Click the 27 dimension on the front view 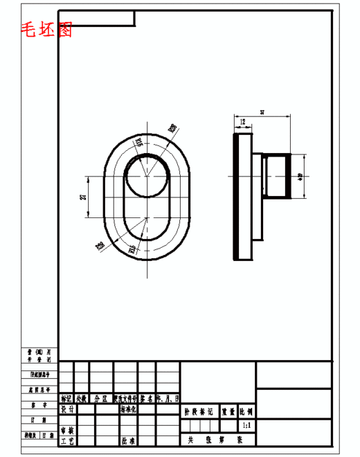point(84,197)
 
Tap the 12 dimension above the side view point(242,123)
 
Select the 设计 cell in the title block point(67,409)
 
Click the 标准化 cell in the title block point(129,409)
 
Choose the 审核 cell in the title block point(67,430)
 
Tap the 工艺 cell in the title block point(67,440)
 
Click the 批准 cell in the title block point(129,440)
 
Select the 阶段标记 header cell point(199,411)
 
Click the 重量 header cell point(228,411)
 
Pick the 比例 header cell point(246,411)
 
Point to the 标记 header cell point(66,399)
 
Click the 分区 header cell point(101,399)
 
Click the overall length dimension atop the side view point(262,112)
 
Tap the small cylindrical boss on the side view point(276,177)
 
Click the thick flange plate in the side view point(244,197)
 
